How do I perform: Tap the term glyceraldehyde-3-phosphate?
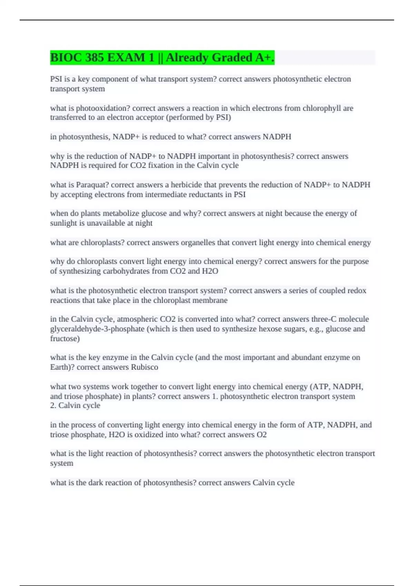click(97, 329)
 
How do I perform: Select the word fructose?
click(65, 339)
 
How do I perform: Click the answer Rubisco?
click(145, 367)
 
